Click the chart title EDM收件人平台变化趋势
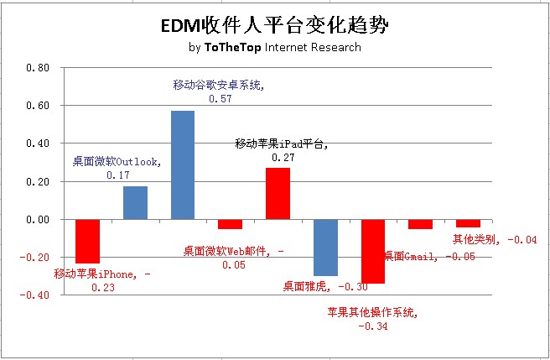coord(275,26)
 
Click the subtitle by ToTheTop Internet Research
coord(275,47)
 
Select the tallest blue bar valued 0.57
coord(183,164)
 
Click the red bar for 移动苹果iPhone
coord(87,241)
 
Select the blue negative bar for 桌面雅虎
coord(325,248)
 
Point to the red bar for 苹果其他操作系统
coord(373,251)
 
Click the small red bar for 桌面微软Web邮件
coord(230,224)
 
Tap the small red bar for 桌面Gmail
coord(421,224)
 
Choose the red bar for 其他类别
coord(468,223)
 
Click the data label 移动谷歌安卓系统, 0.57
coord(218,91)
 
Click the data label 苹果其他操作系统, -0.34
coord(372,319)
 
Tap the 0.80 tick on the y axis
coord(37,68)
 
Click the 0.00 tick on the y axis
coord(37,220)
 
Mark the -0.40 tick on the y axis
coord(35,295)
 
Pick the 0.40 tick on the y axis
coord(37,143)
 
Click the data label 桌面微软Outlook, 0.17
coord(117,168)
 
